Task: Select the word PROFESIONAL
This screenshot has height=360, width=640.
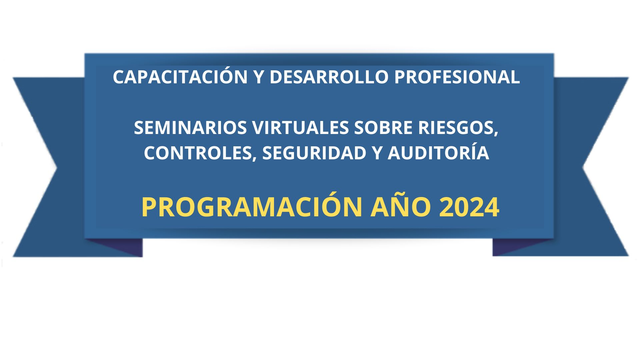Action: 457,77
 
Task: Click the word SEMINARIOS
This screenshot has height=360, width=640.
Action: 191,128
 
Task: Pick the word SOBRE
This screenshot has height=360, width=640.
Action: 384,128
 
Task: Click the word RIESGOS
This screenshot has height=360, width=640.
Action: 456,128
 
